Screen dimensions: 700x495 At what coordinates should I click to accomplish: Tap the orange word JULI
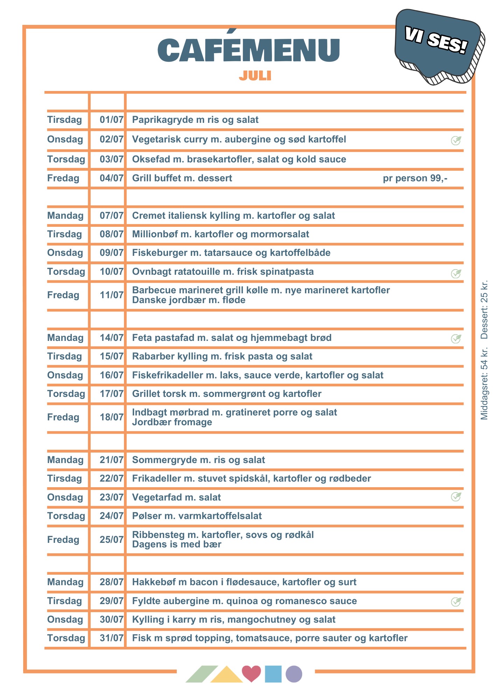[255, 76]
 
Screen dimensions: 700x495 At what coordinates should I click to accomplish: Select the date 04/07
[111, 178]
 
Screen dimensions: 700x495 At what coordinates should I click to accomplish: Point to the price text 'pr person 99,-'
[415, 178]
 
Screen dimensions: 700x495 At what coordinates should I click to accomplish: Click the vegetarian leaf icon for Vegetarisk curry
[456, 140]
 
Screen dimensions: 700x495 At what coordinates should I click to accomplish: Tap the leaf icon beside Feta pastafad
[456, 338]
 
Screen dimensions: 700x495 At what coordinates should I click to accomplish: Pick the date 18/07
[111, 417]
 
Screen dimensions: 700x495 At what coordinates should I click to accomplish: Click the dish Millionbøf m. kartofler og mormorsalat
[221, 234]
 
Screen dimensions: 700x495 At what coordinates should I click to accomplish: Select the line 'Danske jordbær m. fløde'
[189, 300]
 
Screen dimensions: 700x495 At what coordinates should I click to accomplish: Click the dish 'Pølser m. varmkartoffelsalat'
[197, 516]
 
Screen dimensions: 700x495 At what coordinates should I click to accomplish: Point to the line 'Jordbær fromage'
[172, 422]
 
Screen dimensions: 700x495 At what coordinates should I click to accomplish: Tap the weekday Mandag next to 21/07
[65, 460]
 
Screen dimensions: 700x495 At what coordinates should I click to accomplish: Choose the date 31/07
[111, 638]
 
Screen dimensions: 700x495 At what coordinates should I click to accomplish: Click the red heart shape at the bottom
[251, 673]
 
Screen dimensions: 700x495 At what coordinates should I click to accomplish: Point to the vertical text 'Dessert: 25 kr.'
[484, 310]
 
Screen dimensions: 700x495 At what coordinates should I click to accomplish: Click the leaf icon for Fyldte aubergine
[456, 602]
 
